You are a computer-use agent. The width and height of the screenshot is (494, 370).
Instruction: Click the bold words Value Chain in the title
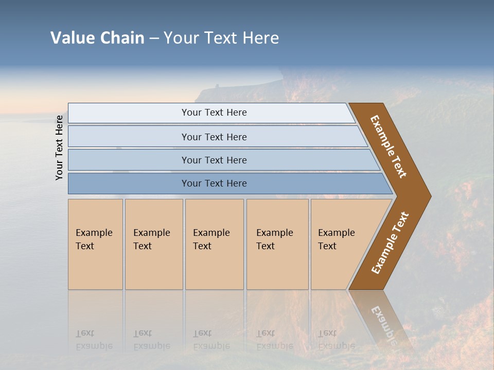click(97, 38)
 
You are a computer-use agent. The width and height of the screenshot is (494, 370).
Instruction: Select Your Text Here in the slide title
click(221, 38)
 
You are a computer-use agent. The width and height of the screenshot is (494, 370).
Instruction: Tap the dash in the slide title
click(154, 39)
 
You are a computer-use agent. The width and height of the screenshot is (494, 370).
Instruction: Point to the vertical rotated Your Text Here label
click(59, 147)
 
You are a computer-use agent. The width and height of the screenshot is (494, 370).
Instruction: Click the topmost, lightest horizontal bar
click(214, 113)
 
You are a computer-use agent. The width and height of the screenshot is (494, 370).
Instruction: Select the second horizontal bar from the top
click(214, 137)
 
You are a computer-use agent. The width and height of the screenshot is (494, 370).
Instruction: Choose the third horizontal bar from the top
click(214, 160)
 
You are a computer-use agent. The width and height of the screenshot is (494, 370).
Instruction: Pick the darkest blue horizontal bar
click(214, 183)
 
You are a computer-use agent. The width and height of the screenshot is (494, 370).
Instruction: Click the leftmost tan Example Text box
click(95, 244)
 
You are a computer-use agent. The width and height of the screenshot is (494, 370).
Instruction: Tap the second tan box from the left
click(154, 244)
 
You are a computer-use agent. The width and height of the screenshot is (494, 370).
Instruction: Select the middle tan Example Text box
click(214, 244)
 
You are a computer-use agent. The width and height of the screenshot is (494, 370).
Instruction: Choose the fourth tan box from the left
click(277, 244)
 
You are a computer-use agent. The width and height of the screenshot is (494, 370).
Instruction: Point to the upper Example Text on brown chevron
click(389, 146)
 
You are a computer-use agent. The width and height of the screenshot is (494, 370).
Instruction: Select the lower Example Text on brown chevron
click(390, 243)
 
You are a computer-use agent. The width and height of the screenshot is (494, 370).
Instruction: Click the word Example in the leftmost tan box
click(94, 233)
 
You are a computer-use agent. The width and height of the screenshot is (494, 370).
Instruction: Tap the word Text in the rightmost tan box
click(327, 246)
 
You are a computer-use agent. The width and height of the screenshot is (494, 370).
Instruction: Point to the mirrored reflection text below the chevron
click(383, 324)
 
